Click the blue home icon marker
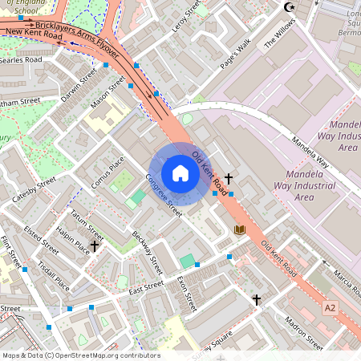[180, 173]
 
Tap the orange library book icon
[238, 230]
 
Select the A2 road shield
[331, 307]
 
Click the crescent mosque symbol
[290, 7]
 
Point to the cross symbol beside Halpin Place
[95, 245]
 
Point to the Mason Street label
[109, 95]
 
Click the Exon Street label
[186, 292]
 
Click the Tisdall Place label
[54, 277]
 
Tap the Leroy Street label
[185, 16]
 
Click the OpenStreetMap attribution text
[80, 355]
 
